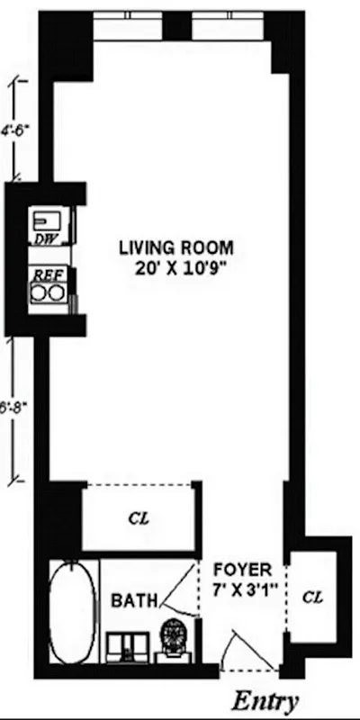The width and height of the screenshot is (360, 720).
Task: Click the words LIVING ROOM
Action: pyautogui.click(x=177, y=247)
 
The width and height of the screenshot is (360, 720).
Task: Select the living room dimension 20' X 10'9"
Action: pyautogui.click(x=177, y=267)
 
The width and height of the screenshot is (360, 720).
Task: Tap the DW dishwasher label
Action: pyautogui.click(x=44, y=239)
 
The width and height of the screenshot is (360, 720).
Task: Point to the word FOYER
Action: pyautogui.click(x=240, y=570)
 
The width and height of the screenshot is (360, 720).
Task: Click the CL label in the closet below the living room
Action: pyautogui.click(x=139, y=519)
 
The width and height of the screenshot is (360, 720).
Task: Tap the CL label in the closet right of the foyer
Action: pyautogui.click(x=311, y=596)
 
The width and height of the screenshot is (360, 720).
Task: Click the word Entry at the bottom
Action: pyautogui.click(x=265, y=700)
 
